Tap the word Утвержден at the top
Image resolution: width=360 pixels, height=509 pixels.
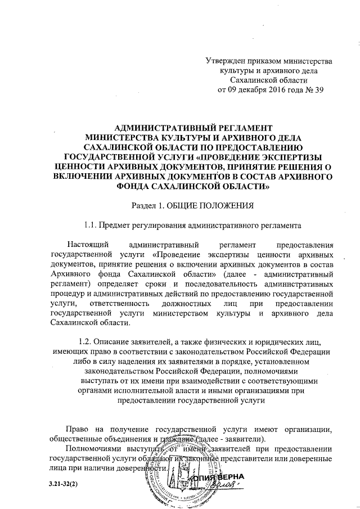(x=227, y=60)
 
